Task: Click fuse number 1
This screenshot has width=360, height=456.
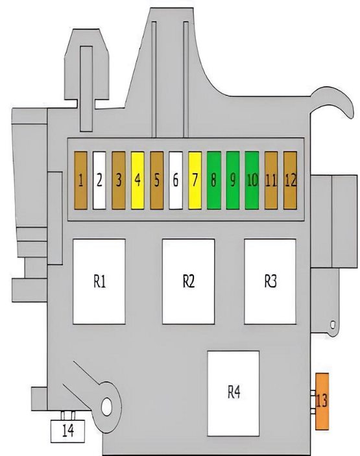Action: pos(80,180)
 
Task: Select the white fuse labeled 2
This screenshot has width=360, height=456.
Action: pos(99,180)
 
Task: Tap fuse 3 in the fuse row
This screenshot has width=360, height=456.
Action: pos(119,180)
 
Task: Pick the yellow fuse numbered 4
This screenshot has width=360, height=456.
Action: pos(138,180)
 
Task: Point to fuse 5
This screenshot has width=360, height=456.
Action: pos(157,180)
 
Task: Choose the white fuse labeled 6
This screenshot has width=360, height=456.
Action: pos(176,180)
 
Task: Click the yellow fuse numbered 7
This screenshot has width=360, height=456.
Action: pos(195,180)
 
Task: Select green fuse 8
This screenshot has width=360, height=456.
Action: pos(214,180)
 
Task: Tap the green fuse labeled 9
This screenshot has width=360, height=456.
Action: pos(233,180)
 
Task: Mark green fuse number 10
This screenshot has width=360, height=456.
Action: pos(252,180)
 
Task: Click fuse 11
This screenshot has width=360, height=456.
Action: pos(271,180)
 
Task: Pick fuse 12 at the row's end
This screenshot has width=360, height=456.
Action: pos(290,180)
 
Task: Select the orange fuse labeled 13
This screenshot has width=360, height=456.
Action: pos(322,402)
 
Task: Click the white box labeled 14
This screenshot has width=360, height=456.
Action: pos(67,431)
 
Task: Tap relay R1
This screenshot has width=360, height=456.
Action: pos(99,282)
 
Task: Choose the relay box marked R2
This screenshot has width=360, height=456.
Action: pos(189,282)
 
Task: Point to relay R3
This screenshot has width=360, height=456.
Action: pos(270,282)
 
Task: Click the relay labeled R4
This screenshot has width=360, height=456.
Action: pos(234,394)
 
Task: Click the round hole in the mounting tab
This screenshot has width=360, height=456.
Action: pos(106,406)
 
